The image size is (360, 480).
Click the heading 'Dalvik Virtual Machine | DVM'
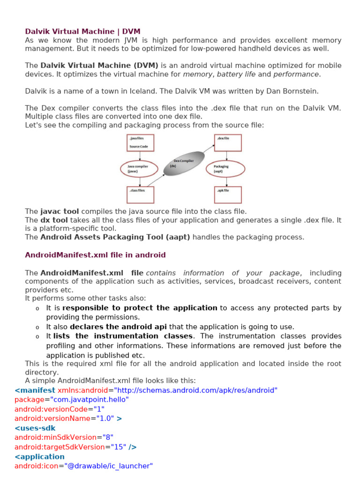click(x=82, y=31)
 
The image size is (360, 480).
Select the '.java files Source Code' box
click(x=141, y=143)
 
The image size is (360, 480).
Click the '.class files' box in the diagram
click(x=141, y=195)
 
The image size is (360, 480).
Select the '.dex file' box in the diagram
click(x=228, y=142)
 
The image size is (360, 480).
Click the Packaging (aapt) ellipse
click(x=225, y=169)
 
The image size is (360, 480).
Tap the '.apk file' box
click(x=228, y=195)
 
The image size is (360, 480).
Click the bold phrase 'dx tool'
click(x=54, y=220)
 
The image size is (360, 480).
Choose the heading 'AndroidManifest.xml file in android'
click(x=95, y=255)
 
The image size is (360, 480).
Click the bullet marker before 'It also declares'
click(x=37, y=327)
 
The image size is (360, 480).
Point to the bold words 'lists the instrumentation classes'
click(x=123, y=336)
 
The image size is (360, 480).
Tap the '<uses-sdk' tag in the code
click(x=35, y=428)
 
